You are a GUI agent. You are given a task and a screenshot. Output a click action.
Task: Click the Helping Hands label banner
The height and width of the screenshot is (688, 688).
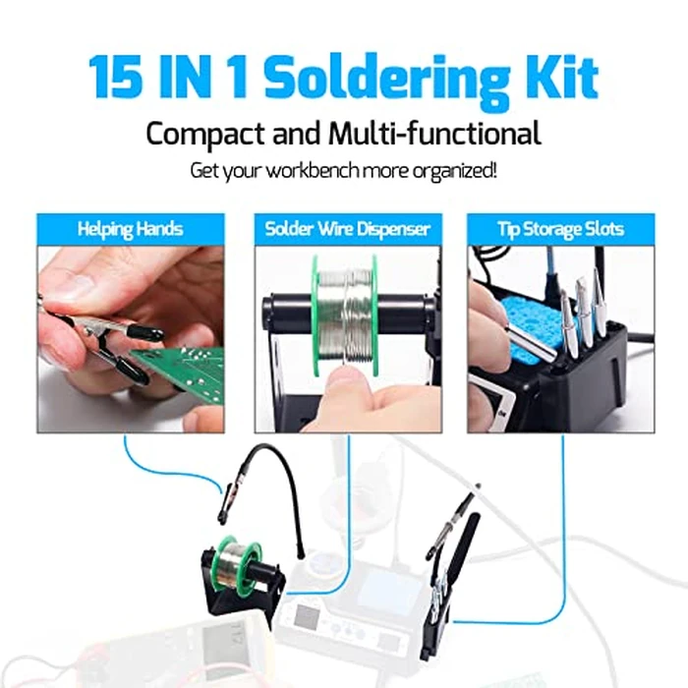pyautogui.click(x=131, y=229)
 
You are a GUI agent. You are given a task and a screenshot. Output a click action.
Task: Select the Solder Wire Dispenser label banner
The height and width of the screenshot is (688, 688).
pyautogui.click(x=347, y=229)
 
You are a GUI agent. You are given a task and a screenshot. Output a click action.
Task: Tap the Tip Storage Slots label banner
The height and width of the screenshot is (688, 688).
pyautogui.click(x=559, y=229)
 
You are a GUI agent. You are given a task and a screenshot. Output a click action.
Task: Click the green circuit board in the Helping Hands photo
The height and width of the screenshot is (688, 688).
pyautogui.click(x=187, y=373)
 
